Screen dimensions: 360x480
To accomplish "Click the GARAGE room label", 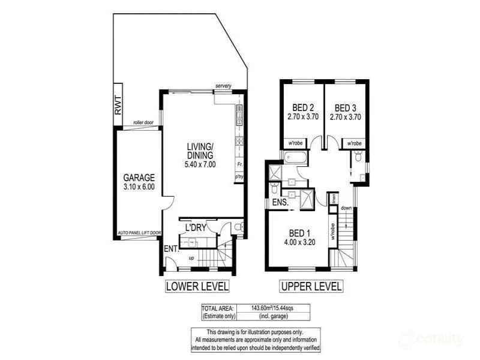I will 139,178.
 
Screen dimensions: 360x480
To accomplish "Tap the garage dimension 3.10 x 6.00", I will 139,187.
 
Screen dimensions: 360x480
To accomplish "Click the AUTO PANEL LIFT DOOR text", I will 139,232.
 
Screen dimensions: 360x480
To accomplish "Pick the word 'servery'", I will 223,86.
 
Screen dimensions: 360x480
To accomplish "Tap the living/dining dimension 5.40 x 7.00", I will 200,164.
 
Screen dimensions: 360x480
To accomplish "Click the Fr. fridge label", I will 239,164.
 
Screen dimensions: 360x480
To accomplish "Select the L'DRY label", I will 196,228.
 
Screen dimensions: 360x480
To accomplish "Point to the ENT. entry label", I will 170,248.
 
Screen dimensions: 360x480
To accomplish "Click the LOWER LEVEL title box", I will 197,286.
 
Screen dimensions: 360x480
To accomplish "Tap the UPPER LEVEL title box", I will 311,286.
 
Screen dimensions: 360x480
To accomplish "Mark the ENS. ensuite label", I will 281,203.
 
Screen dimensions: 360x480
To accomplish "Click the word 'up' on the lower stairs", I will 191,258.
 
